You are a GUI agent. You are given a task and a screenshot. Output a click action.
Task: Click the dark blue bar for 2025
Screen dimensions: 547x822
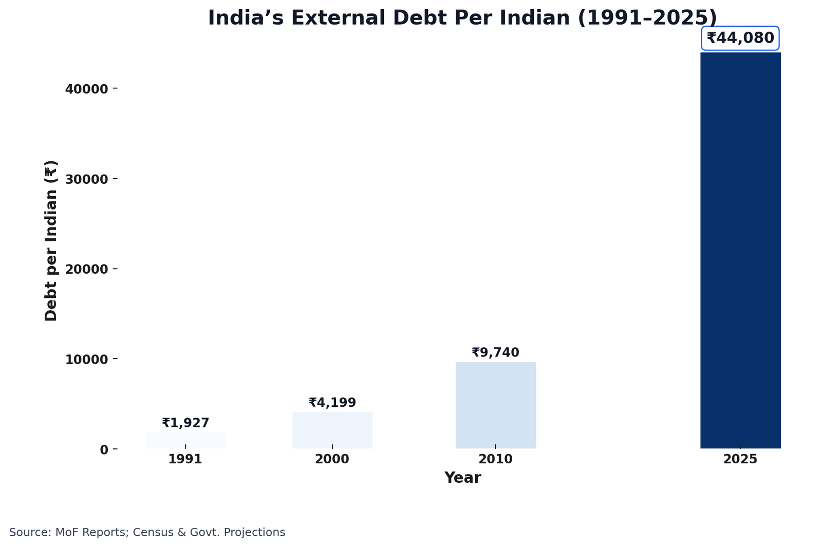(740, 250)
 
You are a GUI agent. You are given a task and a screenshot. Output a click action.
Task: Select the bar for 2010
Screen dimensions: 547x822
(495, 405)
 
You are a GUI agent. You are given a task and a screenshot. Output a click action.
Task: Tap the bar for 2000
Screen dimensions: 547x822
(332, 430)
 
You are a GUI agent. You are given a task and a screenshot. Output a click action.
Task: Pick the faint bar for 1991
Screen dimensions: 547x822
(185, 440)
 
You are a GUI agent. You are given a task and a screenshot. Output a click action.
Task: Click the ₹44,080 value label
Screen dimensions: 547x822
(740, 39)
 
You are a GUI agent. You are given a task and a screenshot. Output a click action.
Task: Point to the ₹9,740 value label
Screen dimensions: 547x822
(495, 353)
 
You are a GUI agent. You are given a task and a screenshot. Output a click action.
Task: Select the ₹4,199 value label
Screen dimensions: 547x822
(332, 403)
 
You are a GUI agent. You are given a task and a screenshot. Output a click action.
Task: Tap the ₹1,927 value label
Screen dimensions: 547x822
(185, 423)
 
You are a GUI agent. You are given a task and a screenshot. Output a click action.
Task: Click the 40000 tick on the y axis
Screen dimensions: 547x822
(86, 89)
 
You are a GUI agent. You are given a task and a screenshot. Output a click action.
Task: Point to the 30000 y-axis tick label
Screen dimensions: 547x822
(86, 179)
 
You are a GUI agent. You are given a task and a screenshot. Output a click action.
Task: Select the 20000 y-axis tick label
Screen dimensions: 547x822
(86, 269)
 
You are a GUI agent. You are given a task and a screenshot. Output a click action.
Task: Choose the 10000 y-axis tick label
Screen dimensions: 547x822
(86, 359)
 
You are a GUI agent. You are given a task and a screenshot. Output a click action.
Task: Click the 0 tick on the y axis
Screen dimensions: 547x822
(104, 449)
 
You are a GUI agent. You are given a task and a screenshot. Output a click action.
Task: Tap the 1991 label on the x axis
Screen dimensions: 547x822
(185, 459)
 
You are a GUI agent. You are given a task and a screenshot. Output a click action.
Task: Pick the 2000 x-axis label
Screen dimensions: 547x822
(332, 459)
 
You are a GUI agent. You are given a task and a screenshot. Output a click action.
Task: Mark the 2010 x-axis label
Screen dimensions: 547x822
(495, 459)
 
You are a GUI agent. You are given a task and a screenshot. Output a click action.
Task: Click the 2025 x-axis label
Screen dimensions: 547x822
(740, 459)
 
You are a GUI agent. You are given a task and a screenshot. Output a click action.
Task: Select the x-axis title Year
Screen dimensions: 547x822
(462, 478)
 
